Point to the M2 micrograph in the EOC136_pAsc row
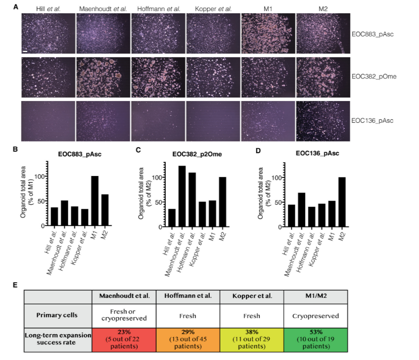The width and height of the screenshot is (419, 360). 322,121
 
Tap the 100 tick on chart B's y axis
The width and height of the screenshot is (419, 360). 41,177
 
